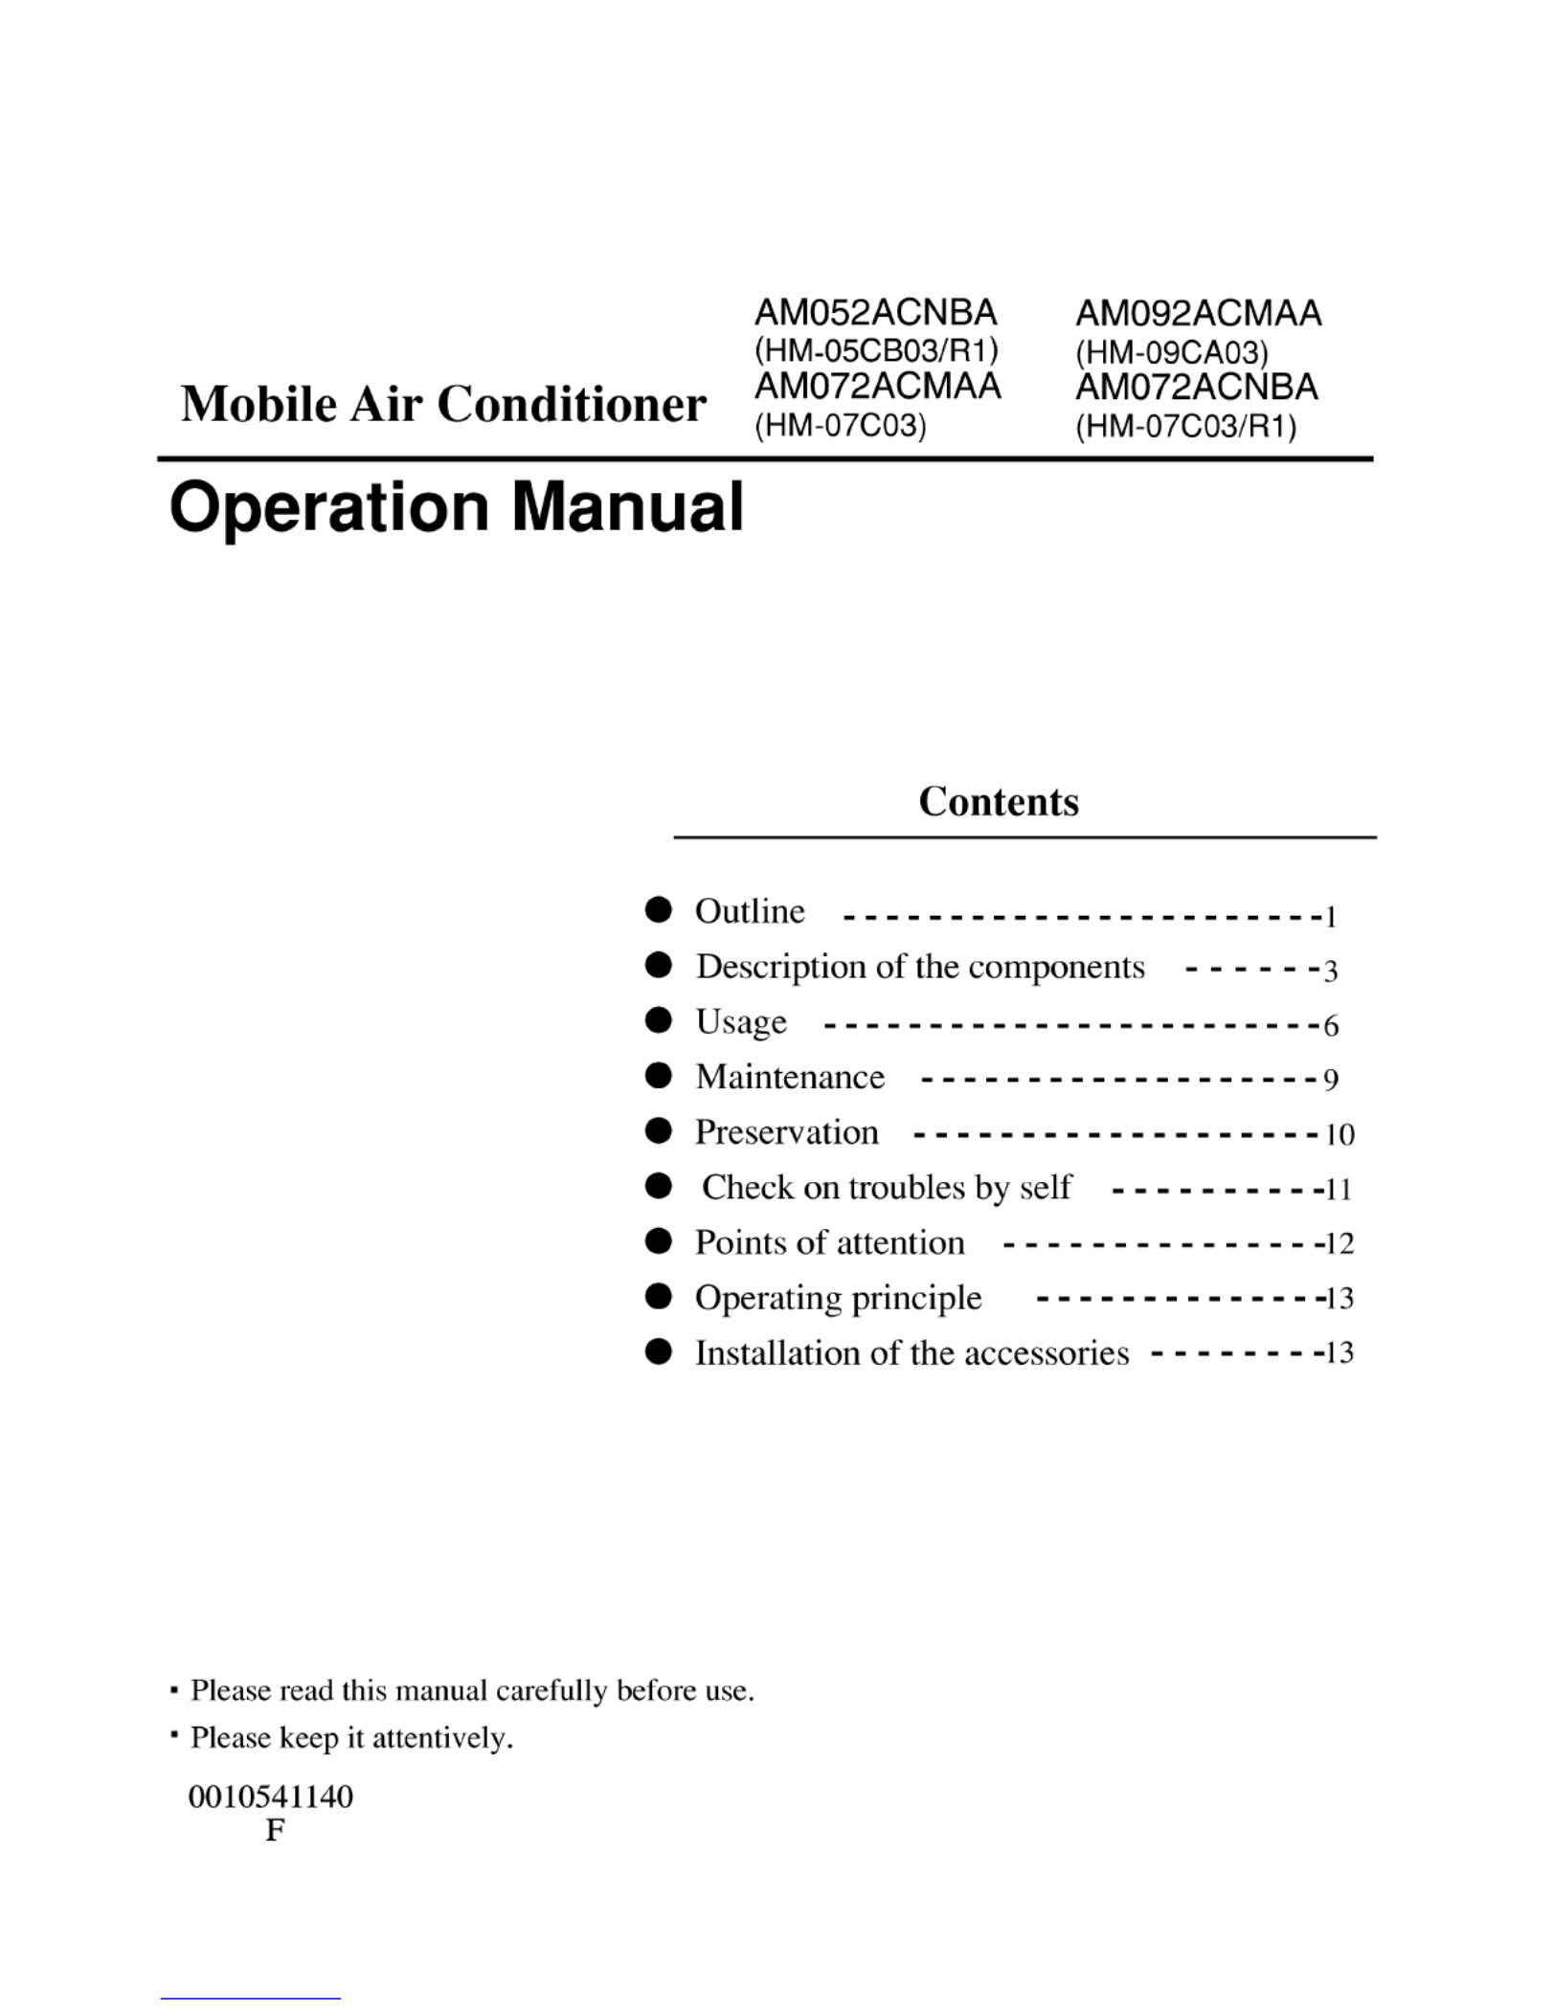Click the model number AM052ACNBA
coord(875,313)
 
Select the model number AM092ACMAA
coord(1198,314)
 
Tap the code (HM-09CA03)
coord(1171,353)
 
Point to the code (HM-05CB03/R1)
coord(876,350)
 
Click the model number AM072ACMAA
coord(877,387)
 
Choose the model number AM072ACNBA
coord(1197,388)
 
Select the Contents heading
coord(998,802)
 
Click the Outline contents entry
coord(750,911)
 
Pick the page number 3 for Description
coord(1330,971)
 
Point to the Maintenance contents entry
coord(790,1078)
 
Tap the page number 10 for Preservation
coord(1339,1135)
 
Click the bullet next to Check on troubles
coord(658,1187)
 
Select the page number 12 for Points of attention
coord(1339,1244)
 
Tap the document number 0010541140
coord(271,1797)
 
